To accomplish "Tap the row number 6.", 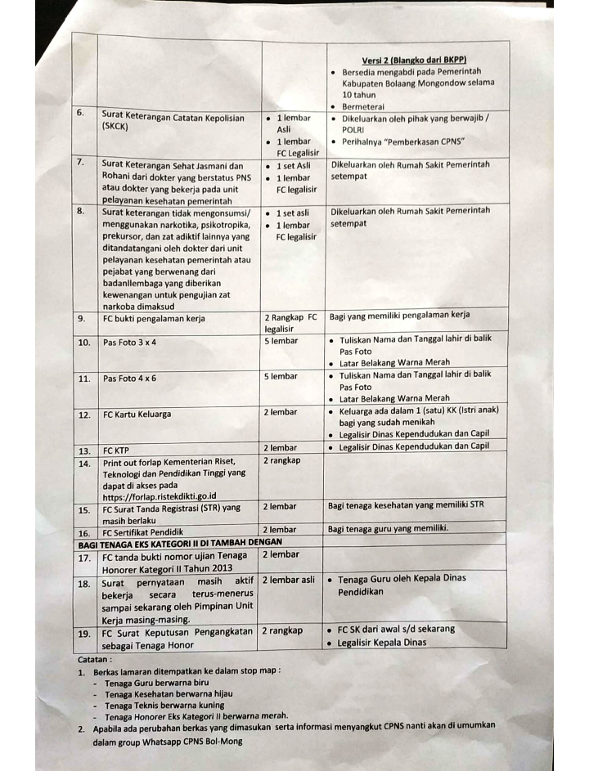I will (x=81, y=114).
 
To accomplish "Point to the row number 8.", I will (x=81, y=211).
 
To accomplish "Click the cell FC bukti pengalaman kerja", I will (x=154, y=319).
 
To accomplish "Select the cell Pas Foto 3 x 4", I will (x=129, y=343).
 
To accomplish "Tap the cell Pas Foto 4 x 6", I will (x=129, y=379).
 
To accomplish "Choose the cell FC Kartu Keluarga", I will (x=137, y=415).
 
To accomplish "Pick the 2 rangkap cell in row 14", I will (x=282, y=460).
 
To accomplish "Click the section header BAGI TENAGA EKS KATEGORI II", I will (x=180, y=542).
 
